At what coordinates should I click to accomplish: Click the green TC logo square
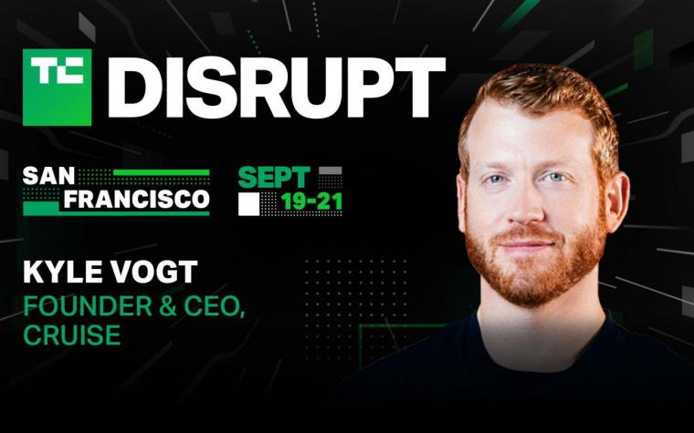coord(58,87)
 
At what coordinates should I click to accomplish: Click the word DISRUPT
coord(276,87)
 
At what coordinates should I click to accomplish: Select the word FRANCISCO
coord(137,200)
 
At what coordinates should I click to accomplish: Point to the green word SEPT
coord(274,177)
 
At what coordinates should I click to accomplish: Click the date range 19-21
coord(311,202)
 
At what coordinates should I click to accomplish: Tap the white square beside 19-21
coord(248,204)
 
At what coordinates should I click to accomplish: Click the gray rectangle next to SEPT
coord(331,170)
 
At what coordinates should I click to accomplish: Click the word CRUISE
coord(72,335)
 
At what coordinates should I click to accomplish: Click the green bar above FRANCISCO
coord(161,173)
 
